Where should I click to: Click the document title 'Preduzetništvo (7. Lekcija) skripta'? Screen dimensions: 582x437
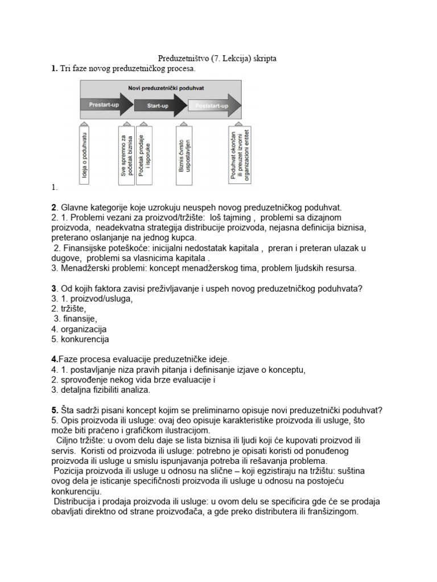click(x=217, y=59)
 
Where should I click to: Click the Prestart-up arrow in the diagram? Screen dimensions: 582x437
click(x=104, y=105)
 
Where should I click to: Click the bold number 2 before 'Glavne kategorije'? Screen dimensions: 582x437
click(x=53, y=207)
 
